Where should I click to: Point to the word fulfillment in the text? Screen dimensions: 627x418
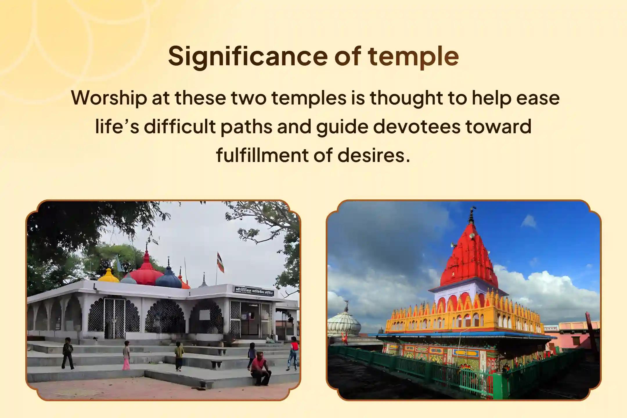point(262,155)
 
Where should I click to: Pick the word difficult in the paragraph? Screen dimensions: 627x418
point(180,127)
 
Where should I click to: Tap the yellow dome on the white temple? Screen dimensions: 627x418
point(108,275)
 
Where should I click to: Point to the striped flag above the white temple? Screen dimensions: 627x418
point(221,262)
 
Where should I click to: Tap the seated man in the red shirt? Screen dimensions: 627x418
point(260,369)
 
